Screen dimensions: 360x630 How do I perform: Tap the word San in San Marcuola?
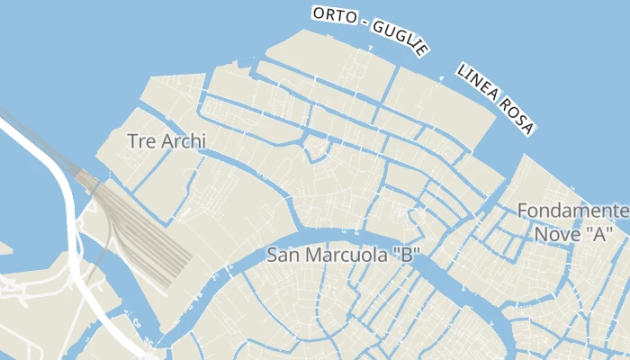(283, 255)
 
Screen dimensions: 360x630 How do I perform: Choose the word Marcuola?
(344, 255)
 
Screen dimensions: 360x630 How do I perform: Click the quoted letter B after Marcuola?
(407, 255)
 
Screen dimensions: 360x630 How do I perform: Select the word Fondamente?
(573, 211)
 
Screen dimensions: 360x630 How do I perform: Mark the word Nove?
(555, 234)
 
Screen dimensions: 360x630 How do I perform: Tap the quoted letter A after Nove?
(596, 234)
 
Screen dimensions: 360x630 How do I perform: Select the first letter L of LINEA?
(462, 70)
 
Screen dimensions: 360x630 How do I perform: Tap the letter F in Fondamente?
(523, 211)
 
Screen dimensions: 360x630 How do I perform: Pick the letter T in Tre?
(133, 141)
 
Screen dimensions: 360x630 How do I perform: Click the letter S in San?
(273, 255)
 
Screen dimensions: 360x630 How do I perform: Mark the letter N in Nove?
(541, 234)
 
